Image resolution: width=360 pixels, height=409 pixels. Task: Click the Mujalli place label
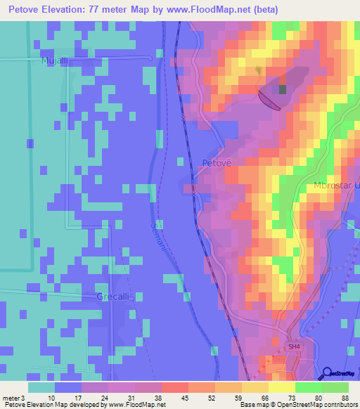tap(34, 61)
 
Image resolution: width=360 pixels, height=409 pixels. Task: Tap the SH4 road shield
tap(294, 346)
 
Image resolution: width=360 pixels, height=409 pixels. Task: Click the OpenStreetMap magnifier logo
tap(327, 374)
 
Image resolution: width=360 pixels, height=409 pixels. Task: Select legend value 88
tap(345, 397)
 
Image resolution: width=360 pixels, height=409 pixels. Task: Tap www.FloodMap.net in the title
tap(210, 10)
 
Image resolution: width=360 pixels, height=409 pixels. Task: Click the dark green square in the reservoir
tap(283, 89)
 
